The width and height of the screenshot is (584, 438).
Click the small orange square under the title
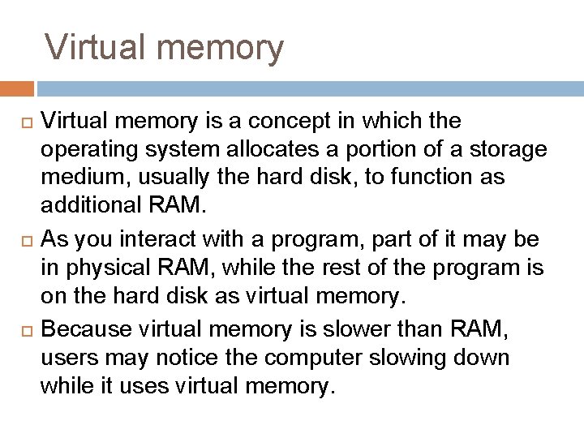(x=17, y=88)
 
